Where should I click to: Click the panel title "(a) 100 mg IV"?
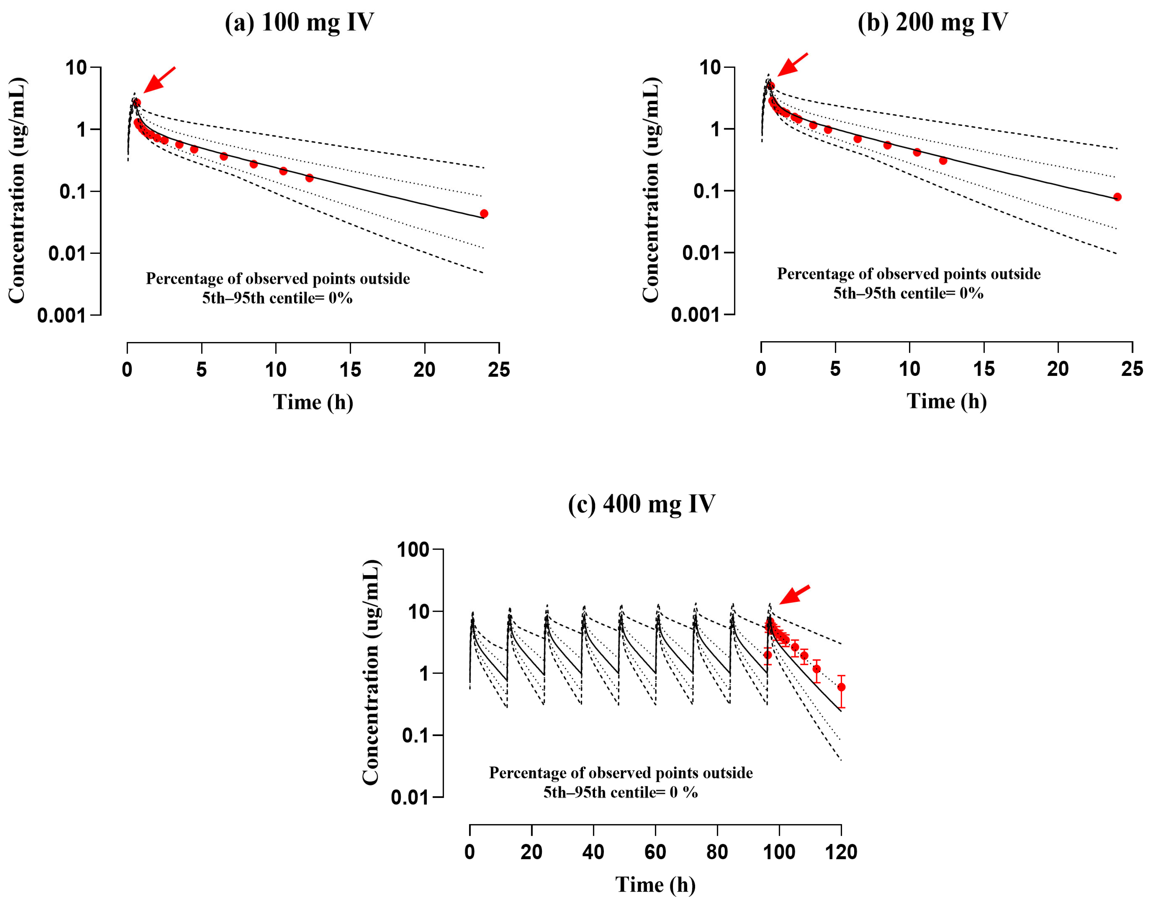click(x=300, y=23)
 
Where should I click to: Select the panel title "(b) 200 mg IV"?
click(x=932, y=23)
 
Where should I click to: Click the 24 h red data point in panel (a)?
click(x=484, y=213)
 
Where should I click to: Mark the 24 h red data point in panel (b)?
click(x=1117, y=197)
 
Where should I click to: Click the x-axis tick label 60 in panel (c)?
click(x=655, y=852)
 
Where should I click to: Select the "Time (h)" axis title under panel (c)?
click(x=655, y=885)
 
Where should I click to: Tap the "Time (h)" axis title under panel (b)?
click(x=946, y=401)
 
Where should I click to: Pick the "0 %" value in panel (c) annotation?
click(x=684, y=792)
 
